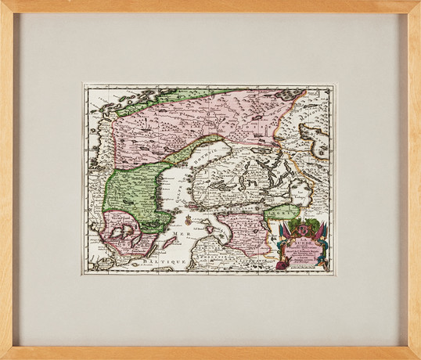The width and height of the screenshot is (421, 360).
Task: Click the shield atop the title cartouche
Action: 296,228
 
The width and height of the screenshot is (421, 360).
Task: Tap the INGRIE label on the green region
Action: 282,213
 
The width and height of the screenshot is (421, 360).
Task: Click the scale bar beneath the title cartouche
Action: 301,267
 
